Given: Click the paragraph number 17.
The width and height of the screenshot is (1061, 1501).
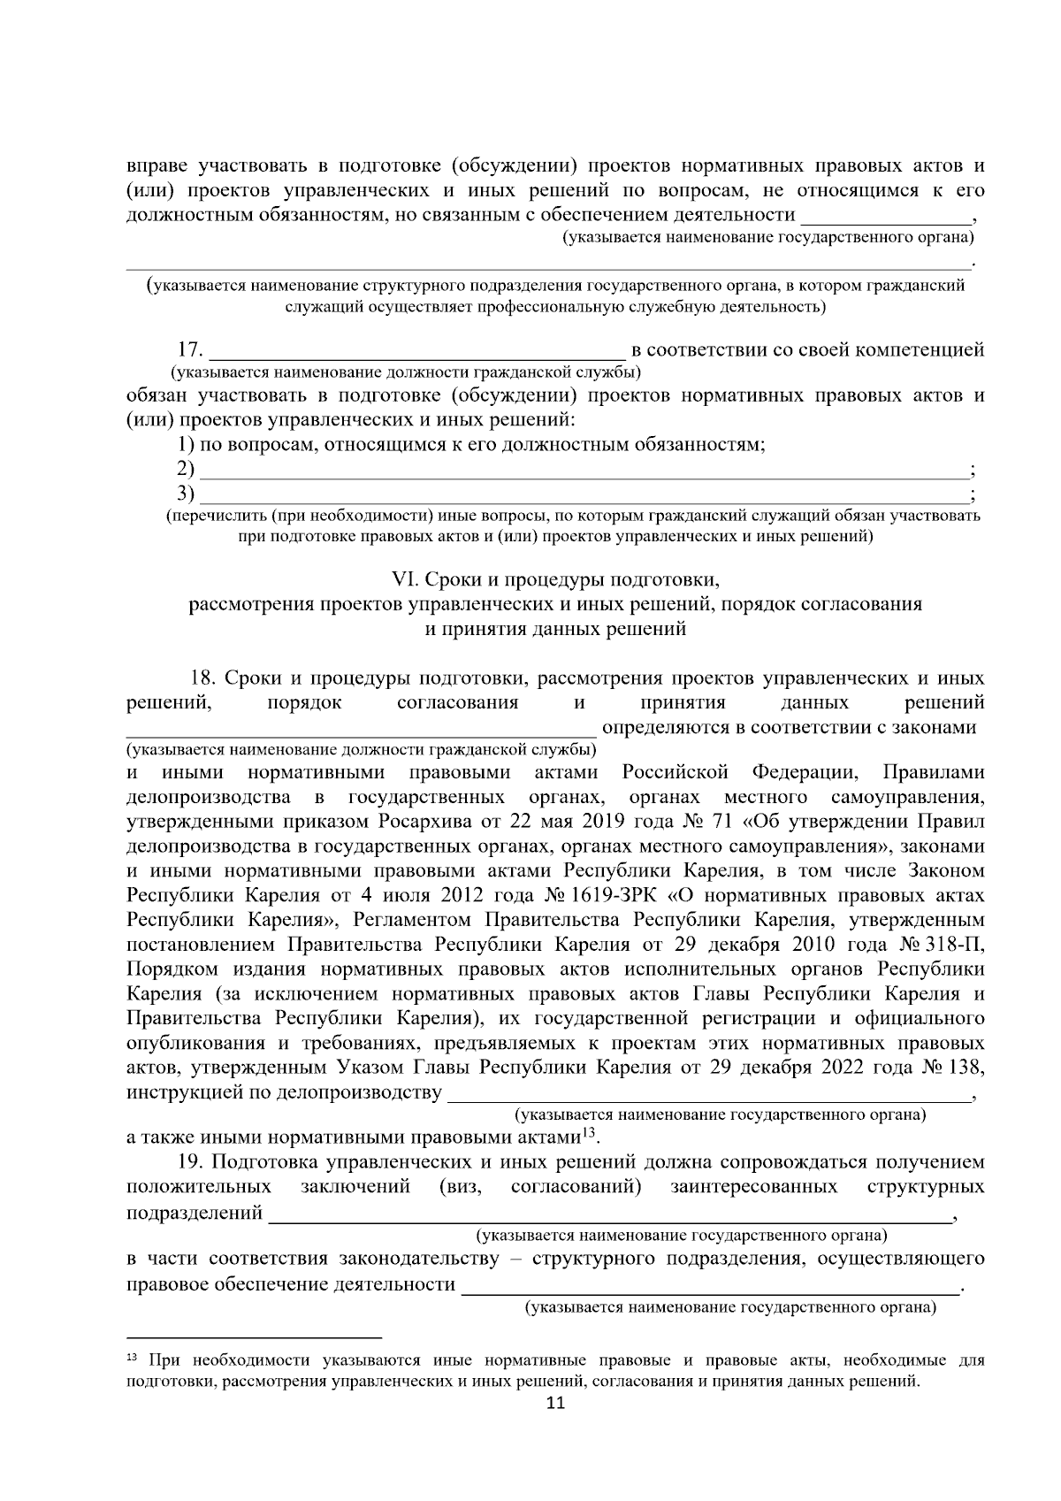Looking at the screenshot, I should coord(191,351).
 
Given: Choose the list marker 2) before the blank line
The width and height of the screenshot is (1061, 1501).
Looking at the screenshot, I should coord(186,469).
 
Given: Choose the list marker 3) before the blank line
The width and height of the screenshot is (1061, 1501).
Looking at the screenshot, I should coord(186,493).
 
